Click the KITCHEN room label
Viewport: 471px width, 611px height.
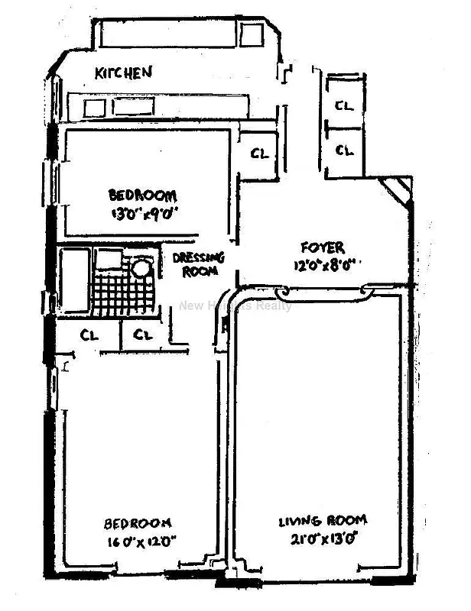123,73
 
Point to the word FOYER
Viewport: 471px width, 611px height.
322,247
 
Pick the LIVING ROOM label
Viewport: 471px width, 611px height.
322,521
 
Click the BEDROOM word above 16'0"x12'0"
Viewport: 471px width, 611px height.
138,523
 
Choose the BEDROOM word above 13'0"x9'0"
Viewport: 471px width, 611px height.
142,195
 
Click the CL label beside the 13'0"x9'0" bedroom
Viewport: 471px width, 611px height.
260,154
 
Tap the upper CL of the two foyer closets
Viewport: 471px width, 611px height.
344,107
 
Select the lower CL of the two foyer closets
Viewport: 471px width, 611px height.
345,150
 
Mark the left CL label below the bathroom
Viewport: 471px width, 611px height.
89,335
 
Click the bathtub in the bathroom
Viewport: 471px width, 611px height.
75,280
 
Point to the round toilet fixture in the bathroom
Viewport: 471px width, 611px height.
140,268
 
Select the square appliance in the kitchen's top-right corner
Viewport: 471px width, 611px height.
251,34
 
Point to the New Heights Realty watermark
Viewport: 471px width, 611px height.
235,306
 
